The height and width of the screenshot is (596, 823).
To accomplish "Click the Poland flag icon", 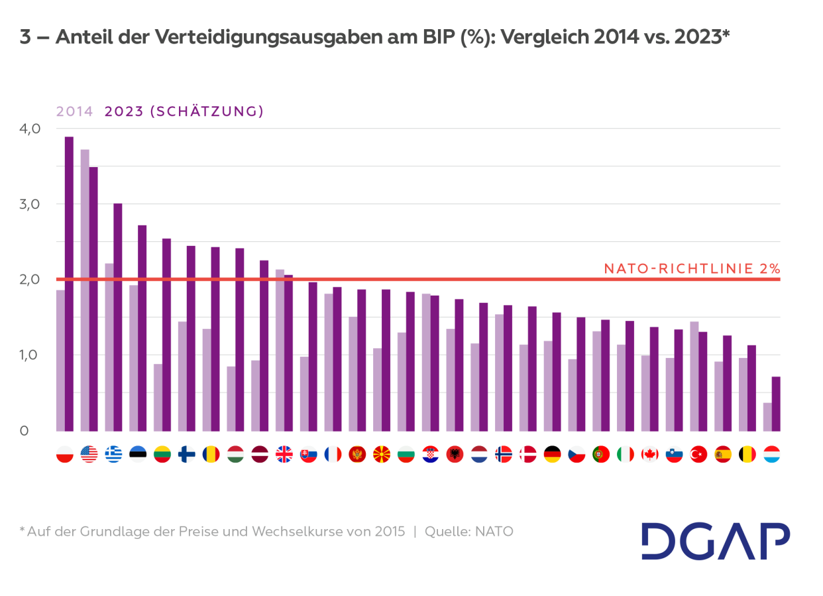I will [65, 454].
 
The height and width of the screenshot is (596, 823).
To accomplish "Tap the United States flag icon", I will [89, 454].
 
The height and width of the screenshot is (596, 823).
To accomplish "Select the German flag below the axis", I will [552, 454].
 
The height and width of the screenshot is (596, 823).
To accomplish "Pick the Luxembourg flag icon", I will [771, 454].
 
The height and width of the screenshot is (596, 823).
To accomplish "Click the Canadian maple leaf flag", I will [649, 454].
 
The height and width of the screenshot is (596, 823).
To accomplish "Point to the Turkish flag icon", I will [698, 454].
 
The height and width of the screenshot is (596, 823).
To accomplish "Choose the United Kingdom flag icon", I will [284, 454].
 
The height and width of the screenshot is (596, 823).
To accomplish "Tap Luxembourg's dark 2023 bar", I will [776, 404].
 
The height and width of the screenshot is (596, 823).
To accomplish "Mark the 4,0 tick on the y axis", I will [30, 129].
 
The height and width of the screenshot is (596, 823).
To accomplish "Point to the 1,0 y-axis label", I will [30, 355].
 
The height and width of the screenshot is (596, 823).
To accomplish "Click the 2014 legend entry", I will [74, 111].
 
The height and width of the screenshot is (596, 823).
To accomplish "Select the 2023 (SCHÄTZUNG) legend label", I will [184, 111].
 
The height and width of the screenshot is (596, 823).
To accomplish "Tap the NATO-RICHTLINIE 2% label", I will [692, 268].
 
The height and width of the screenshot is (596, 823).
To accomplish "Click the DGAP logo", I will [716, 541].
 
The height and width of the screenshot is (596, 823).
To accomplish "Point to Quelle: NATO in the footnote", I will [469, 531].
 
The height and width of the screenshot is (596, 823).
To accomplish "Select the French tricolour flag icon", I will [332, 454].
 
